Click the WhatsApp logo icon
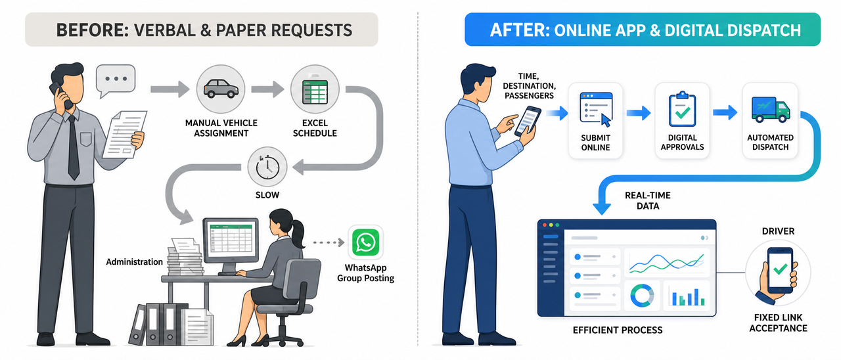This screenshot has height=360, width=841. pos(365,242)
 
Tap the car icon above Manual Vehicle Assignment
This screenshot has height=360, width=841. pos(221,89)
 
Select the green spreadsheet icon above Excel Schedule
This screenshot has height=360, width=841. pos(315,90)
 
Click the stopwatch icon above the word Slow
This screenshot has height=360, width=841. pos(267,167)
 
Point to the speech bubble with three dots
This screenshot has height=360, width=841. pos(116,80)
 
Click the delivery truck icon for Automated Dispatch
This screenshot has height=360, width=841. pos(771,109)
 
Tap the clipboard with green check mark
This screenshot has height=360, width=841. pos(682,109)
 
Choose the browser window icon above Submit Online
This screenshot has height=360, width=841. pos(596,109)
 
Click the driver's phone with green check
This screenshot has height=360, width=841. pos(780,270)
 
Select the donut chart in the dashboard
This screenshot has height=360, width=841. pos(642,296)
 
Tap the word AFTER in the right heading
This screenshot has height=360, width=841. pos(520,30)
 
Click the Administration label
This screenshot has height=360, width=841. pos(135,261)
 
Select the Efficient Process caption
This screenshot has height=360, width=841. pos(617,330)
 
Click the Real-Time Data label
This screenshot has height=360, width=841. pos(648,200)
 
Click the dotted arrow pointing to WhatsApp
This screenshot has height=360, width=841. pos(329,242)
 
